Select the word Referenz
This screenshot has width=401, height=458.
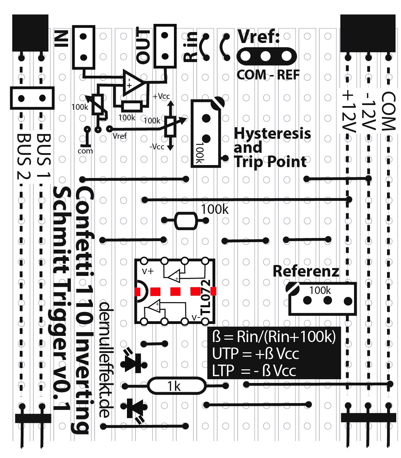tap(306, 271)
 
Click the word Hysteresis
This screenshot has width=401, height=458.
tap(272, 133)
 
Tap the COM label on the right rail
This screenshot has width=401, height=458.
tap(388, 111)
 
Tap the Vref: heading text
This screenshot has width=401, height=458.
tap(259, 36)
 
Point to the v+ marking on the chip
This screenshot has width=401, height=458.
tap(148, 271)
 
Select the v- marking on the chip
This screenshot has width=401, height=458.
tap(196, 317)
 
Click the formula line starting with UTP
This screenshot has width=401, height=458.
tap(255, 354)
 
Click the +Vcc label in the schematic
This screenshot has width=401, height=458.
tap(161, 97)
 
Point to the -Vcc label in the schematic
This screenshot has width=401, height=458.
tap(157, 147)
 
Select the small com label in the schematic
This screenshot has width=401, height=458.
tap(85, 151)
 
